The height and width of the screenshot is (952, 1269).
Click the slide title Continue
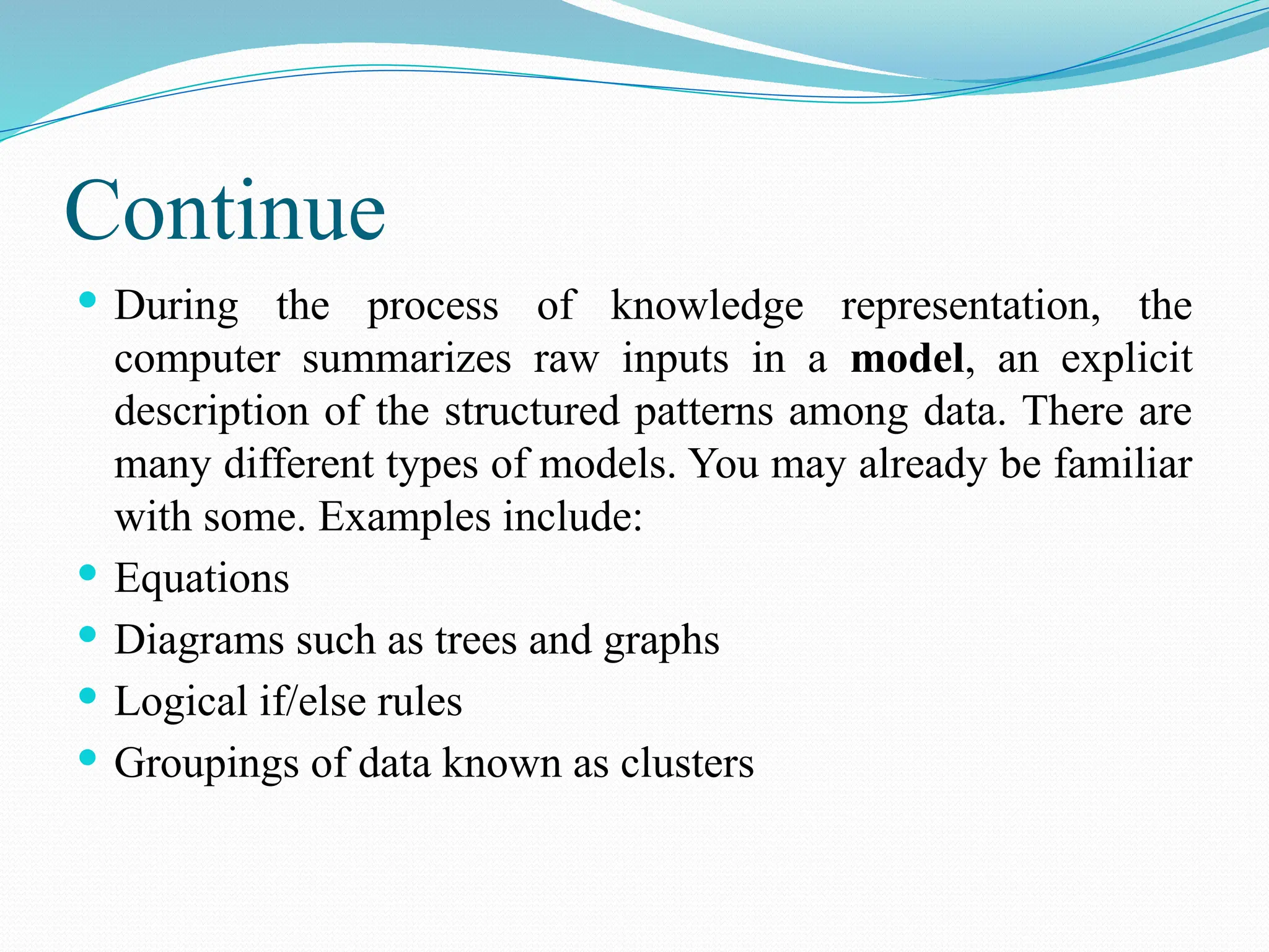coord(225,212)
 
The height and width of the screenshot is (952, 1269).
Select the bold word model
coord(907,359)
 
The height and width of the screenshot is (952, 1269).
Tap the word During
coord(177,307)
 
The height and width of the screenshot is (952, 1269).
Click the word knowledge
coord(707,307)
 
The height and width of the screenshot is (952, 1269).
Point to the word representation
coord(970,307)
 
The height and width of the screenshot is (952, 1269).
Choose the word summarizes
coord(406,360)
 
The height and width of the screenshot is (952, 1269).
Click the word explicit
coord(1126,360)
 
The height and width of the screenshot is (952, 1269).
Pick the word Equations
coord(202,579)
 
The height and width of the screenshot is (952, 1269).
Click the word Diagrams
coord(200,641)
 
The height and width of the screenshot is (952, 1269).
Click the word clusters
coord(687,763)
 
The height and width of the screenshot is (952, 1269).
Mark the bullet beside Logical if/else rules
coord(88,695)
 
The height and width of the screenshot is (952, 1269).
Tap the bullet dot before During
coord(88,301)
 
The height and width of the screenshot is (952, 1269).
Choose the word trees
coord(476,641)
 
